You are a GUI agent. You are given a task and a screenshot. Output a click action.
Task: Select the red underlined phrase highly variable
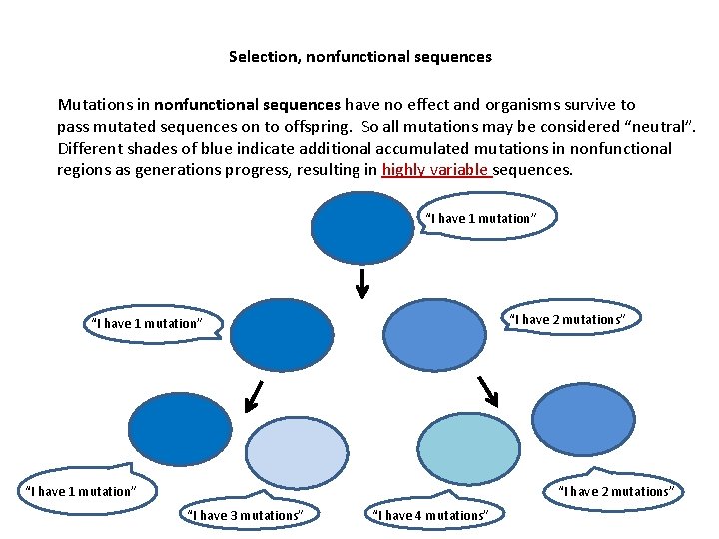click(436, 170)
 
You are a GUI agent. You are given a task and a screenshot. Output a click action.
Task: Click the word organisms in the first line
click(507, 105)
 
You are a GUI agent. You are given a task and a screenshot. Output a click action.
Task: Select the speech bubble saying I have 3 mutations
click(245, 515)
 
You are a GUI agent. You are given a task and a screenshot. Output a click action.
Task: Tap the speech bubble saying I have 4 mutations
click(430, 515)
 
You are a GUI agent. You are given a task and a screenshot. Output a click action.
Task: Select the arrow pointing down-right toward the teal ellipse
click(487, 390)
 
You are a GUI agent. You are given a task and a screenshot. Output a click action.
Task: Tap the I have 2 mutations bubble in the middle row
click(568, 319)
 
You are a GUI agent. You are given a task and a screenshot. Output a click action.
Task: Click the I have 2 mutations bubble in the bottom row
click(616, 491)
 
